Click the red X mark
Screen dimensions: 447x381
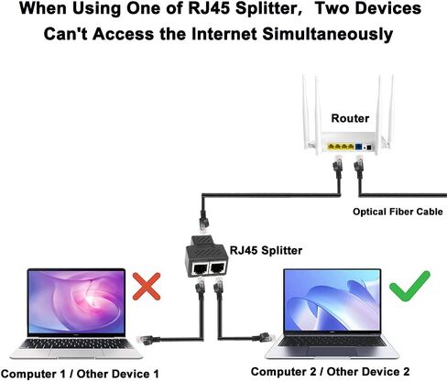coord(147,287)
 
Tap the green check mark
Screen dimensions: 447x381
coord(409,287)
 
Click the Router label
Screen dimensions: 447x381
coord(350,118)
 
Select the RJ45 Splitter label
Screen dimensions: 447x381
coord(266,250)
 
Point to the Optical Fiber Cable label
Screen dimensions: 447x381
coord(398,212)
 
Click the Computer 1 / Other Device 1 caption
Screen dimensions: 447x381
coord(80,374)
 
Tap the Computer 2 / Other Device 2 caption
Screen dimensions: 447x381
coord(330,372)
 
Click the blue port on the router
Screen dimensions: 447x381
coord(359,147)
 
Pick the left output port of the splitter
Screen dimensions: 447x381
coord(200,268)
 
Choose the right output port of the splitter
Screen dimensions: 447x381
coord(218,267)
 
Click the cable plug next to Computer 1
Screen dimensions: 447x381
coord(148,340)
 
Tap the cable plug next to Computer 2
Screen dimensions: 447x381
coord(264,338)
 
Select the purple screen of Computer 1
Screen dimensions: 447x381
coord(76,301)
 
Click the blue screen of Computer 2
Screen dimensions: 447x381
coord(333,301)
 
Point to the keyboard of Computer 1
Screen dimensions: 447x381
coord(77,343)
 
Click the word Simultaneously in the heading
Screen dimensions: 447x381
coord(328,34)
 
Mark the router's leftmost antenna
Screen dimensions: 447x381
coord(306,112)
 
